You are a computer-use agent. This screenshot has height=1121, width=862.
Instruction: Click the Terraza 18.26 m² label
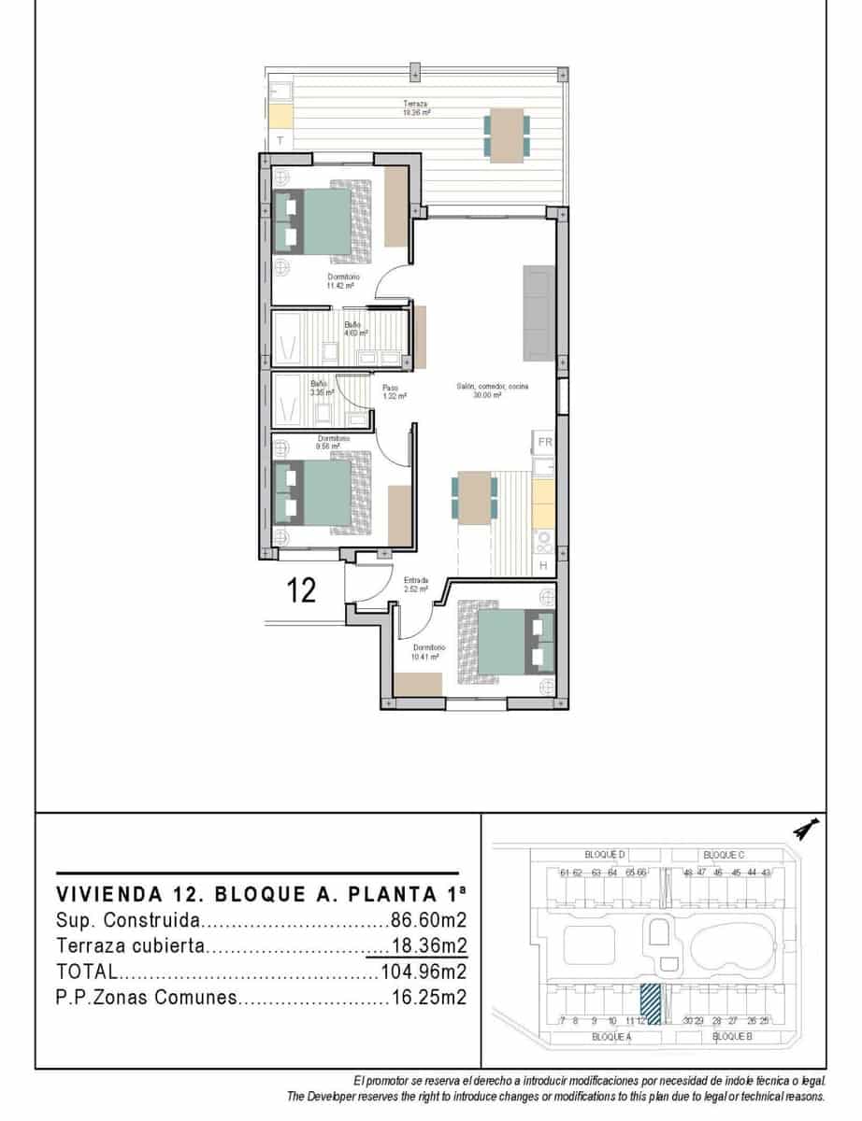tap(416, 107)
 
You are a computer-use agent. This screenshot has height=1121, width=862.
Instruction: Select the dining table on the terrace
tap(507, 135)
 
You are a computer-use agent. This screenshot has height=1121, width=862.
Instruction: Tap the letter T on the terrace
tap(280, 140)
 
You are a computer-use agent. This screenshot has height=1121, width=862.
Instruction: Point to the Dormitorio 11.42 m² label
tap(343, 281)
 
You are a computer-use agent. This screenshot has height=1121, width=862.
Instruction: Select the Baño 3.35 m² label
tap(320, 388)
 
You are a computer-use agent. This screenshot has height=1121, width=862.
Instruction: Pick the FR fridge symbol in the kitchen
tap(544, 442)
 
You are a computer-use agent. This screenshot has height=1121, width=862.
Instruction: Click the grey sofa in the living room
tap(539, 313)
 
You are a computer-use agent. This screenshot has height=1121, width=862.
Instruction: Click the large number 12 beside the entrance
tap(301, 591)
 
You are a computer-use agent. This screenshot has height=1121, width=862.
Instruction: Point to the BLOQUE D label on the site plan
tap(604, 855)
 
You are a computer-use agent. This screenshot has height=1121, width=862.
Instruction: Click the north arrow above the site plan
tap(803, 829)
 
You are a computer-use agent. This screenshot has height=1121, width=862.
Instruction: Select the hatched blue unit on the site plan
tap(653, 1005)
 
